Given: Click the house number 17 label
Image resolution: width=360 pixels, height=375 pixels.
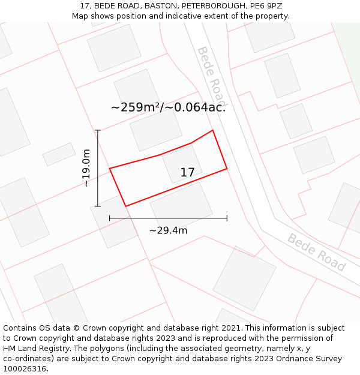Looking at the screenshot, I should click(x=187, y=173).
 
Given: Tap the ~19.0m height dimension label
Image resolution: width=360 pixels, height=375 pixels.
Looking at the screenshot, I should click(x=86, y=168).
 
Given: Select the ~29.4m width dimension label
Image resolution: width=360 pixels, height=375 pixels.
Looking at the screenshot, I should click(x=168, y=230).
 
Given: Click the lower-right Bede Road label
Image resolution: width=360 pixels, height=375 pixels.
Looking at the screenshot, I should click(x=316, y=252).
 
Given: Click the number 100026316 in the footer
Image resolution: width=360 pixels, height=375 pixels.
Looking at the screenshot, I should click(x=25, y=369).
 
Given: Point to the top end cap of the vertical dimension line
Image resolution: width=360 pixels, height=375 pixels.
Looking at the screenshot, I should click(x=98, y=130).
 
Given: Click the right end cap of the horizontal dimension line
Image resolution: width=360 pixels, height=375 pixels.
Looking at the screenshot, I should click(x=227, y=218).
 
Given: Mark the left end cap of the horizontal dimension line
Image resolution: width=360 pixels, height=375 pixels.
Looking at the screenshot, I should click(x=110, y=218).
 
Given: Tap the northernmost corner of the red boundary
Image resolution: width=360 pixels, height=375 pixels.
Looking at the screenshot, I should click(x=212, y=130).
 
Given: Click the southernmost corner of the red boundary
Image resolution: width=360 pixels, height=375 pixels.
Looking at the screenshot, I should click(x=126, y=206).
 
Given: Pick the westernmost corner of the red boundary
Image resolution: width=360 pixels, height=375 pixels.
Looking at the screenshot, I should click(x=110, y=169).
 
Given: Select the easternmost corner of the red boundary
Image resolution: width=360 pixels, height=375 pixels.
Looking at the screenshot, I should click(x=227, y=169).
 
